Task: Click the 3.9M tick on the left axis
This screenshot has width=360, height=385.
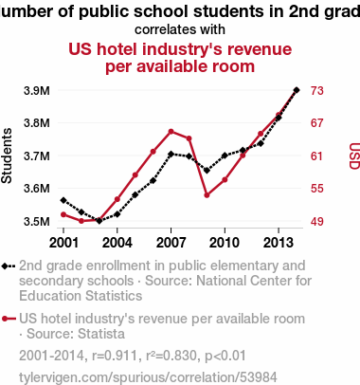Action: [x=37, y=91]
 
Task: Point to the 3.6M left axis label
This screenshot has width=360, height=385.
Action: [x=37, y=189]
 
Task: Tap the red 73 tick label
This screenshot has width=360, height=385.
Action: [x=317, y=91]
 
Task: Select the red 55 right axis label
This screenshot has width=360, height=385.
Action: [x=317, y=189]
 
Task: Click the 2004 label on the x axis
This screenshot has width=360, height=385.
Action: [x=117, y=243]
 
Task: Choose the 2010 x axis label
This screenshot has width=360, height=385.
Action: [x=225, y=243]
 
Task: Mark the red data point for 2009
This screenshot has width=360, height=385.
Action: [x=207, y=195]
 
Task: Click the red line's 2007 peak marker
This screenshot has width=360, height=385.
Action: [x=171, y=132]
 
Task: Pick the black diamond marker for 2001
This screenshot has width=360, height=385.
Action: [x=63, y=200]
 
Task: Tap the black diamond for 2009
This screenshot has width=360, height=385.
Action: [x=207, y=171]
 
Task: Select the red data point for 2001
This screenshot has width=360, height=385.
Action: [x=63, y=214]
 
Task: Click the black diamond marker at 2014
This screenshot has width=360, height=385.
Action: [x=297, y=90]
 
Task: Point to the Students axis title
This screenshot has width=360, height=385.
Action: [x=7, y=156]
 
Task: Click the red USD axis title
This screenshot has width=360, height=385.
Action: [x=354, y=156]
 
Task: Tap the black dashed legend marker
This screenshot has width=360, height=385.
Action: [x=9, y=266]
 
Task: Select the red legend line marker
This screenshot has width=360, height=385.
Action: [x=9, y=319]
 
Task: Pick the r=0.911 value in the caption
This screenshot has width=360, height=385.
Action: [x=115, y=356]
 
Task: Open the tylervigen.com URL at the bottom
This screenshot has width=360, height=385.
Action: [x=148, y=377]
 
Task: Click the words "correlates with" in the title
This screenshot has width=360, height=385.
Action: [x=180, y=29]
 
